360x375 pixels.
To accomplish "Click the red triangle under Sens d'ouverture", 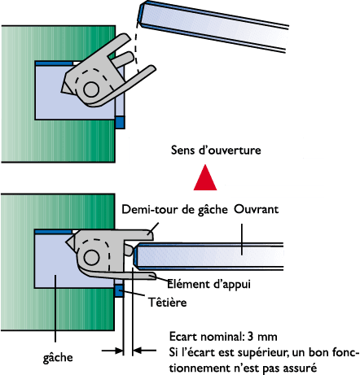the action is click(x=205, y=179).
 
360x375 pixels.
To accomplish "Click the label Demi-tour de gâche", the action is click(x=174, y=210).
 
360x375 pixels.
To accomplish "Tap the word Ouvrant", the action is click(x=257, y=209).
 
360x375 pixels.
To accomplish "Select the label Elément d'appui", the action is click(x=209, y=284).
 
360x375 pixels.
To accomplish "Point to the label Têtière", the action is click(x=168, y=302).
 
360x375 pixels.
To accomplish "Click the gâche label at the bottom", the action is click(x=58, y=358).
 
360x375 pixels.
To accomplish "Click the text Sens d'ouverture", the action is click(x=216, y=150).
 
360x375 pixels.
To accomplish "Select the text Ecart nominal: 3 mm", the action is click(x=223, y=337).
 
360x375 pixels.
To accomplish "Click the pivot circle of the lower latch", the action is click(x=91, y=257).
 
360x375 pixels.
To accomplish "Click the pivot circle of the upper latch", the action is click(x=91, y=89).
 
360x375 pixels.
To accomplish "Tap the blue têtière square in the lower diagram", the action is click(x=119, y=291).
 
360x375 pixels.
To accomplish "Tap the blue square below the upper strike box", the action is click(x=120, y=122).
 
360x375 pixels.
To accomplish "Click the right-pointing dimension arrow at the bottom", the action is click(x=112, y=351).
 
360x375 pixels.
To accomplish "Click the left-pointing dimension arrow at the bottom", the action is click(x=145, y=351).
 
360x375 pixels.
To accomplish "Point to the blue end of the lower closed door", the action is click(x=136, y=256).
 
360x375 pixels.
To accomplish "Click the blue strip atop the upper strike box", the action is click(x=54, y=63).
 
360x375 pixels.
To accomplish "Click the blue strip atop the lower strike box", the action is click(x=54, y=232).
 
